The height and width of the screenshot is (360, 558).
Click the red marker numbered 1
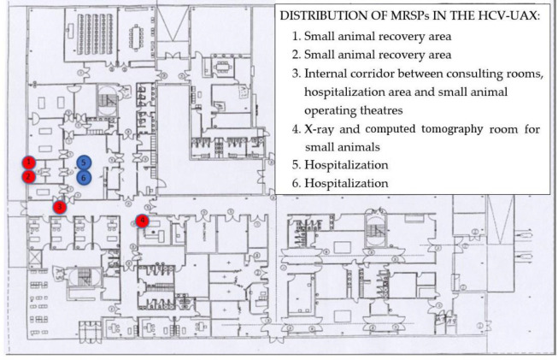point(29,162)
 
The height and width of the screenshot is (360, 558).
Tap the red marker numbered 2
point(29,176)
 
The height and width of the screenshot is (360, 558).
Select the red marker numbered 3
point(60,206)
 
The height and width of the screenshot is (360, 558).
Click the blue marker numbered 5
point(83,162)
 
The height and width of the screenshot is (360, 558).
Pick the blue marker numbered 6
point(83,177)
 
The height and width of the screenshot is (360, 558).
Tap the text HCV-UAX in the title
point(502,16)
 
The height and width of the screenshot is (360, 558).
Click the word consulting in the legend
point(468,79)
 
